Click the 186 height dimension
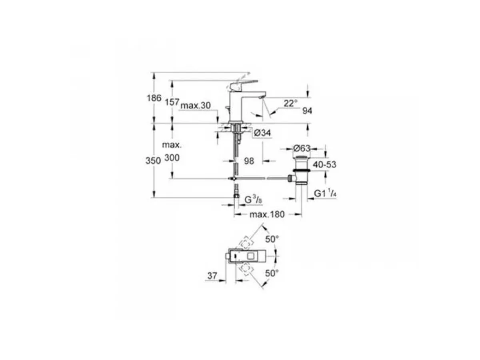tap(154, 98)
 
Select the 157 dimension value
tap(172, 102)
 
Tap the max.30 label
tap(196, 106)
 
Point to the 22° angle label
tap(291, 103)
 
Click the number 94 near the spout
tap(307, 111)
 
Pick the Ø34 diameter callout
tap(262, 133)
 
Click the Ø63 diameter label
tap(302, 148)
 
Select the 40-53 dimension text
tap(324, 164)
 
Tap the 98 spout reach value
tap(249, 161)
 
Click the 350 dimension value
tap(153, 161)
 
